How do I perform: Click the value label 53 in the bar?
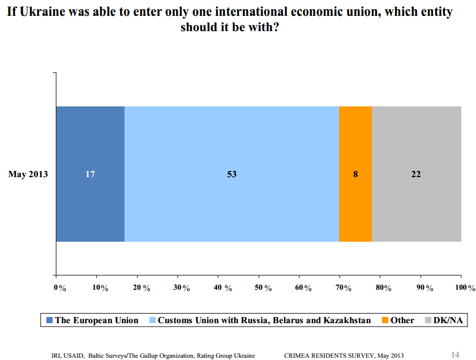[231, 174]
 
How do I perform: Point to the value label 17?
[91, 174]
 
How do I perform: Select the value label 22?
[416, 174]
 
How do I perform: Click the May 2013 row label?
[28, 174]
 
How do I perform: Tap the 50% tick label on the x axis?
[263, 288]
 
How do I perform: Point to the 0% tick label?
[60, 288]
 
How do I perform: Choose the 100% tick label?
[465, 288]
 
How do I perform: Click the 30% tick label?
[182, 288]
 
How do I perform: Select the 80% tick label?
[384, 288]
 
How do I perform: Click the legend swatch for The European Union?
[49, 321]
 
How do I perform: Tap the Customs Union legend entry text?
[264, 320]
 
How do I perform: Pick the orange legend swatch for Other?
[385, 321]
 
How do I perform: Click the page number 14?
[455, 355]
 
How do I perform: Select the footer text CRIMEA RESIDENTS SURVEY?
[329, 355]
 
